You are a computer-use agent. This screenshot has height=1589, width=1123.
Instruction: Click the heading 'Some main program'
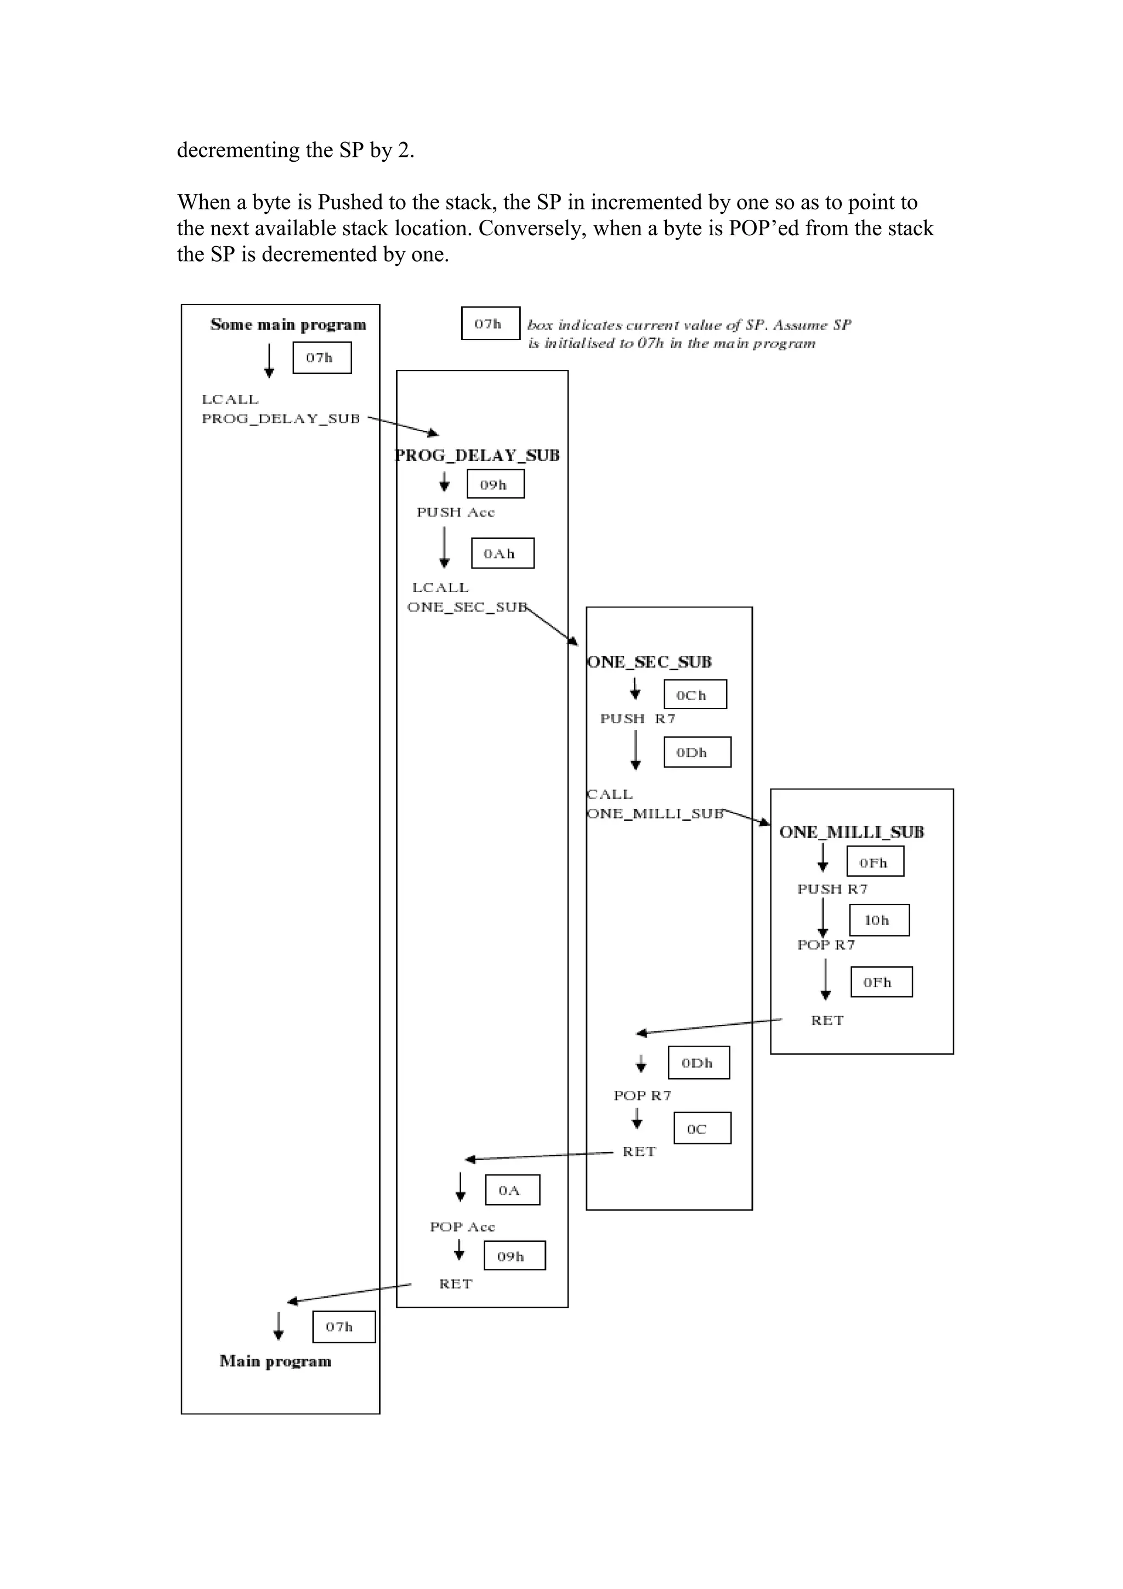[x=288, y=325]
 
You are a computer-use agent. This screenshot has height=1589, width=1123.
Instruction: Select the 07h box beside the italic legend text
[x=490, y=323]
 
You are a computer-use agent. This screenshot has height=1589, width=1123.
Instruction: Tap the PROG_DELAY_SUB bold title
[x=478, y=456]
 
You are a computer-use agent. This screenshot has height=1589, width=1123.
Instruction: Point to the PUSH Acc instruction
[x=455, y=512]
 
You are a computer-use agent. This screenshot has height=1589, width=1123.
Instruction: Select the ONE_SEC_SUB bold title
[x=649, y=662]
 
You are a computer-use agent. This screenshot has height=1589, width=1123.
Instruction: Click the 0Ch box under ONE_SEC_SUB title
[x=695, y=694]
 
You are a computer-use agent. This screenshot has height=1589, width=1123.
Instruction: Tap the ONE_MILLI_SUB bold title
[x=851, y=832]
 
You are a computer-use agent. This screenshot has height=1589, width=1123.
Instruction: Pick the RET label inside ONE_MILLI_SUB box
[x=827, y=1020]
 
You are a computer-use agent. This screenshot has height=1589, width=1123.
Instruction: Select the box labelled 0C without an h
[x=702, y=1129]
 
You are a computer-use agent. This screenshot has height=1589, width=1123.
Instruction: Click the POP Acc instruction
[x=462, y=1227]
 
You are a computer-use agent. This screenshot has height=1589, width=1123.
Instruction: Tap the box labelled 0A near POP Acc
[x=512, y=1190]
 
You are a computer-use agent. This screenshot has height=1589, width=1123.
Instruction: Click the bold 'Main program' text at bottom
[x=275, y=1361]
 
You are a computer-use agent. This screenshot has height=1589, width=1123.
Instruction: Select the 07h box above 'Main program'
[x=343, y=1327]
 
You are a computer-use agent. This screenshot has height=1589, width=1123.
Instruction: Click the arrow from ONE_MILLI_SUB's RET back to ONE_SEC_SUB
[x=709, y=1026]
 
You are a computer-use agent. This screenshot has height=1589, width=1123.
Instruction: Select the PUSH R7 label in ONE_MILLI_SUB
[x=832, y=889]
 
